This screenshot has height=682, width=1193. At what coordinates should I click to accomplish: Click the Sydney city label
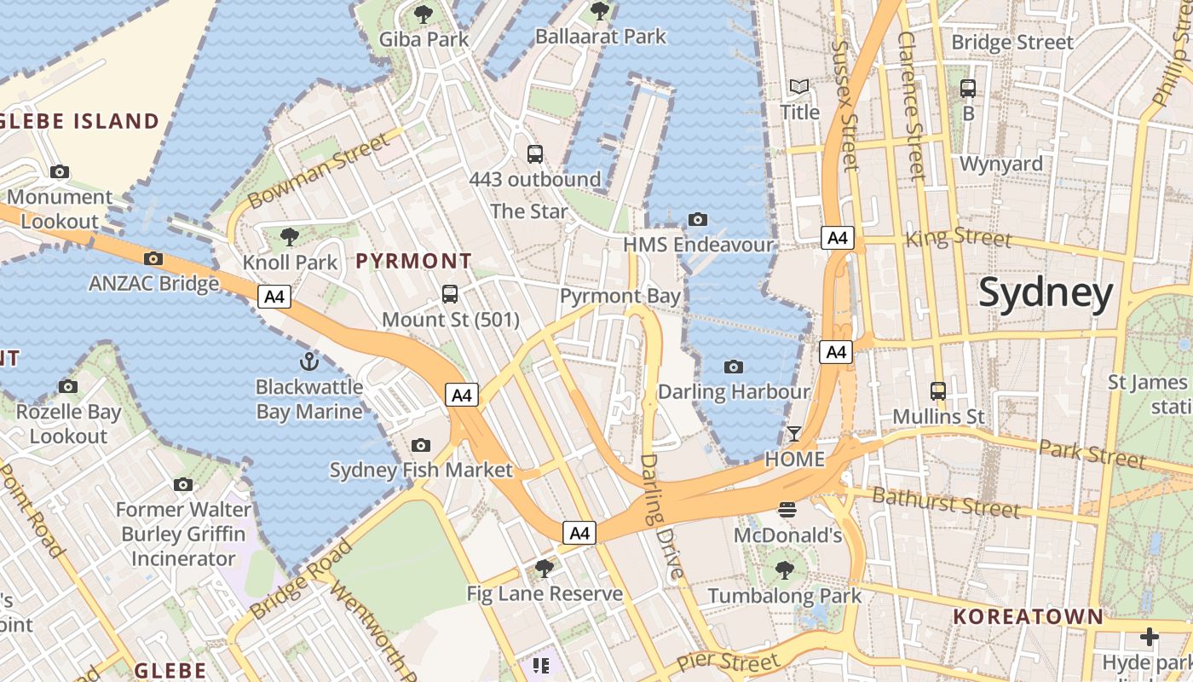1046,292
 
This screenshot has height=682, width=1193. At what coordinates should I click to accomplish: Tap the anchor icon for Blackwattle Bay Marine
310,361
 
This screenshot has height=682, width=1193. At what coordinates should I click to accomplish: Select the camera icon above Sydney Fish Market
420,445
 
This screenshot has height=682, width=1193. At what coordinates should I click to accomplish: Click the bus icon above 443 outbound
535,154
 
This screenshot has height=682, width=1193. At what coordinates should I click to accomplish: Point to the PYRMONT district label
413,261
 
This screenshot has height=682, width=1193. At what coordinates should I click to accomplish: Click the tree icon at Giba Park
424,14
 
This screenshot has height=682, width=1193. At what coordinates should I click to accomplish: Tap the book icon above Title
799,87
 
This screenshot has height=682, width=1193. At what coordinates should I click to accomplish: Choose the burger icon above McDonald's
787,510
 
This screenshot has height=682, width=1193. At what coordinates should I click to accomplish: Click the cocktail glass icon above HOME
794,434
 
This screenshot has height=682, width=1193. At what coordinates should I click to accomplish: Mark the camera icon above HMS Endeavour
698,219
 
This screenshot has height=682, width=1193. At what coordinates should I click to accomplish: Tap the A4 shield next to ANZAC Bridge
274,297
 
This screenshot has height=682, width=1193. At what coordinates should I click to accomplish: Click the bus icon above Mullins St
938,391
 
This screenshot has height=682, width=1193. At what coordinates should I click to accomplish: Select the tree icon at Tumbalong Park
784,570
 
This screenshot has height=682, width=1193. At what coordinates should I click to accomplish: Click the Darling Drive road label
661,516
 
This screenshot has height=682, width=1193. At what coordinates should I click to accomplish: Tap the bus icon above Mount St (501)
450,294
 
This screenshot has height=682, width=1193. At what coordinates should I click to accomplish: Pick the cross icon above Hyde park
1150,636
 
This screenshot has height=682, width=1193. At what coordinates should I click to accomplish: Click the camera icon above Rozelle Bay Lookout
68,386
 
